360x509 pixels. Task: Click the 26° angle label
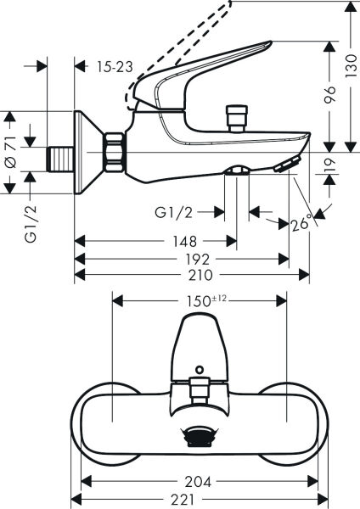pyautogui.click(x=301, y=225)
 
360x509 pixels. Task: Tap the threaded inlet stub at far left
pyautogui.click(x=60, y=159)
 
